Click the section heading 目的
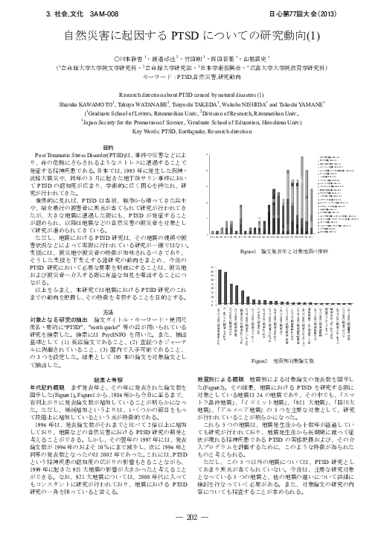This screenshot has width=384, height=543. pos(108,147)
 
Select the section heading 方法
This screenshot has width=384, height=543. pos(108,291)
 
